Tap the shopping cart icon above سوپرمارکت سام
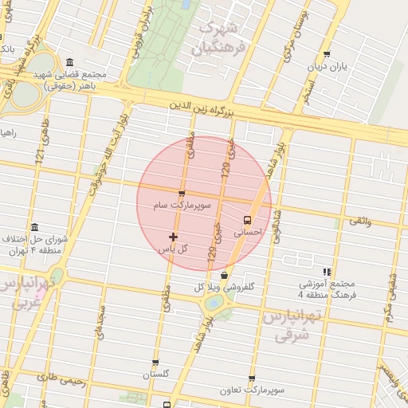(182, 194)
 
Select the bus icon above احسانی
(246, 219)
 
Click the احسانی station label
(247, 233)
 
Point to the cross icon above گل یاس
(173, 237)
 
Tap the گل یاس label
(173, 249)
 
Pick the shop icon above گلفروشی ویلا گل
(225, 276)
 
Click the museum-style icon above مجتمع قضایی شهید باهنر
(70, 63)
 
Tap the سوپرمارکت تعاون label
(253, 391)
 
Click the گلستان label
(156, 374)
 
